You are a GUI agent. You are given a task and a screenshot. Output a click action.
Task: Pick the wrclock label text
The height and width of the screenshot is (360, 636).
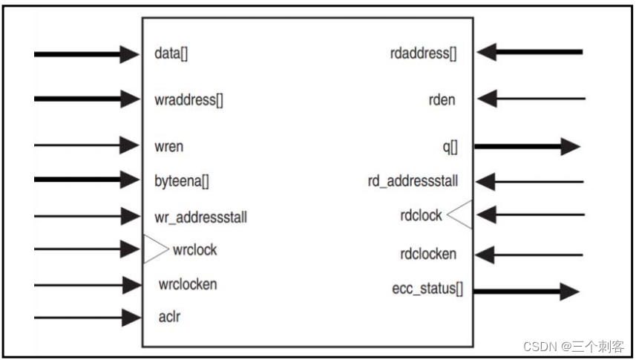194,249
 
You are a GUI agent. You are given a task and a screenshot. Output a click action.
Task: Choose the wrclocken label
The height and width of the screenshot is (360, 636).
188,284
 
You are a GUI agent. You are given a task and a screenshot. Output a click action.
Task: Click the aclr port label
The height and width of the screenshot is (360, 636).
170,318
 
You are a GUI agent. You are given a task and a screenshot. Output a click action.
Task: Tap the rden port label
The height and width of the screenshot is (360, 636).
442,99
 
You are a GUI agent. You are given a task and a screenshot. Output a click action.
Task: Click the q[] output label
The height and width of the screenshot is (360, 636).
450,146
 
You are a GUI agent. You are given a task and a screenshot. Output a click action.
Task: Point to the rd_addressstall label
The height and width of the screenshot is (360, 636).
413,181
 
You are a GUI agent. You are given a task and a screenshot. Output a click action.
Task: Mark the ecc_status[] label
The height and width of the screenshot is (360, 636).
427,289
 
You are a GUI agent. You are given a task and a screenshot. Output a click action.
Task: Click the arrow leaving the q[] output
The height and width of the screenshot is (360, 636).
526,146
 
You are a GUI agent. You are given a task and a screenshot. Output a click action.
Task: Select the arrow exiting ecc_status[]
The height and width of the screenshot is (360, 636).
526,290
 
